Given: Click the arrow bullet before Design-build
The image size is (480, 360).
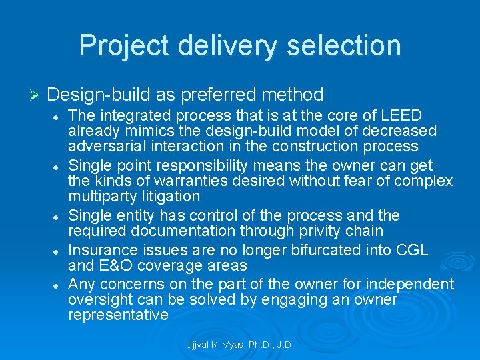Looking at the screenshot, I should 36,95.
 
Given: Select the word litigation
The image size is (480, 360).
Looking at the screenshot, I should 170,196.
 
